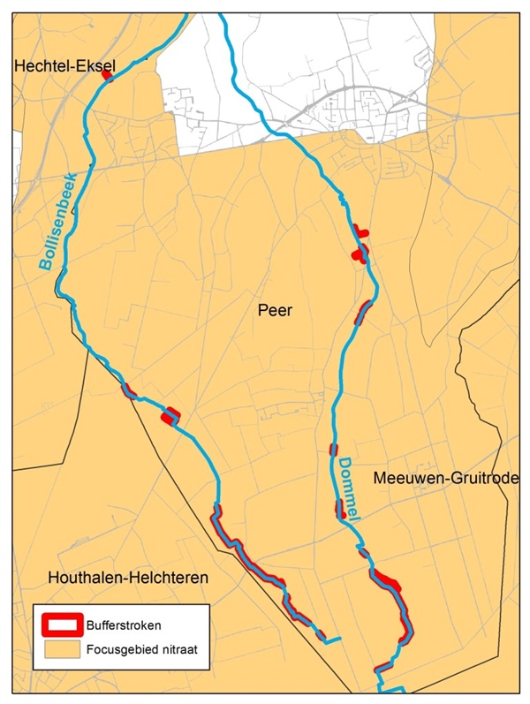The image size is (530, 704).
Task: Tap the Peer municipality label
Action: click(x=275, y=311)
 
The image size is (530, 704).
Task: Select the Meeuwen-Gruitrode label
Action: click(x=445, y=478)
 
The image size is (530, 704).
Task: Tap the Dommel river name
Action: click(x=349, y=489)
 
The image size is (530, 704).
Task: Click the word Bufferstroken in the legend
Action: click(x=124, y=625)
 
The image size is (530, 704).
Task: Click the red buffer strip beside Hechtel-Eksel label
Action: click(x=107, y=76)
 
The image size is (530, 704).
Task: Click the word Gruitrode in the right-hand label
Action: click(x=487, y=478)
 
